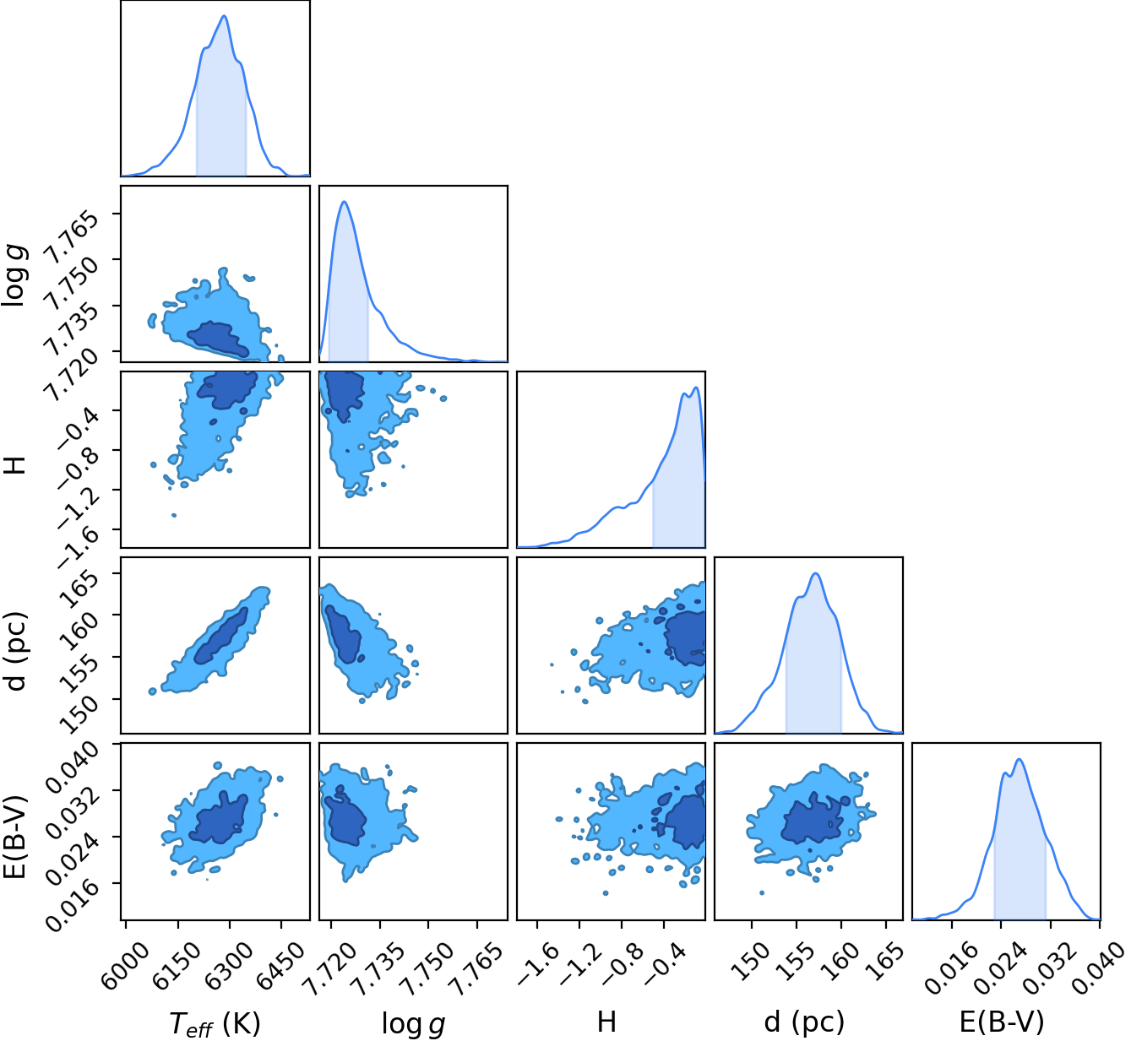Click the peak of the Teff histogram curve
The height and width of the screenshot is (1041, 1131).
224,16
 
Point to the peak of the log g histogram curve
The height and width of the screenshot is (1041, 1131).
344,201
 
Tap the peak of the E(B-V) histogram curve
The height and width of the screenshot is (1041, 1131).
1019,759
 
